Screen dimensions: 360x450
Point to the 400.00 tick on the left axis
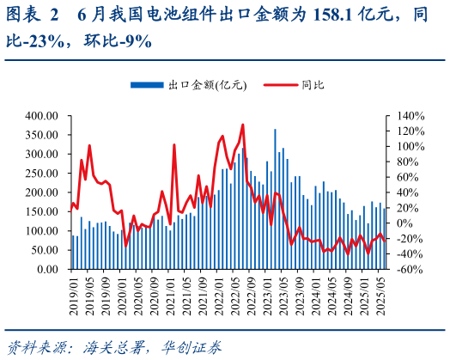click(41, 115)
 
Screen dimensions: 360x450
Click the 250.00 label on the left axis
click(41, 173)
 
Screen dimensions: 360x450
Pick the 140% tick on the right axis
click(408, 115)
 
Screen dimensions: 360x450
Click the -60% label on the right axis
click(408, 269)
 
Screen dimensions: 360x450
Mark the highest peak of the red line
click(243, 125)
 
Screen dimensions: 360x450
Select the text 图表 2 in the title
click(33, 15)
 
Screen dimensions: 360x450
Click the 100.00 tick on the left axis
click(41, 230)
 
